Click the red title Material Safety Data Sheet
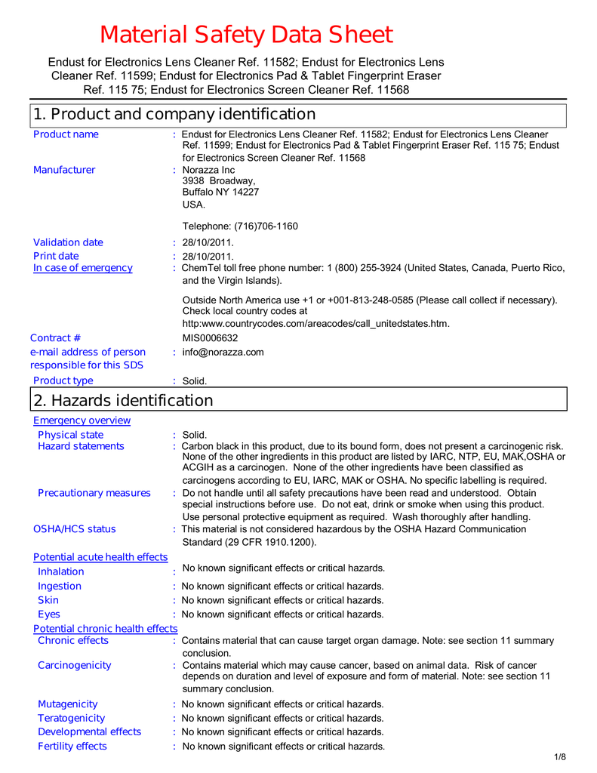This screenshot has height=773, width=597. click(247, 35)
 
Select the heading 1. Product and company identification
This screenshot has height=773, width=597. click(174, 115)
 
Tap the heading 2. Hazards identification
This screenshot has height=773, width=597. click(123, 401)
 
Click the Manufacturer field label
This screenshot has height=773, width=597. click(64, 170)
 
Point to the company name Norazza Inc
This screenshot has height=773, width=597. click(209, 170)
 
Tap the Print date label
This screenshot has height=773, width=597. click(56, 256)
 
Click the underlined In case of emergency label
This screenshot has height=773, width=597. click(82, 268)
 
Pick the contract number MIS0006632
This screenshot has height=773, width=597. click(210, 338)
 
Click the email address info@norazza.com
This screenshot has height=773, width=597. click(223, 353)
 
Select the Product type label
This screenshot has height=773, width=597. click(63, 380)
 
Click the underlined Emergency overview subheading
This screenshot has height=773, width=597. click(82, 420)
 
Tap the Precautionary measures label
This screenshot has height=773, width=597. click(94, 493)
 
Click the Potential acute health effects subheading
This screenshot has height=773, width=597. click(100, 557)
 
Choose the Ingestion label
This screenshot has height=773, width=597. click(60, 586)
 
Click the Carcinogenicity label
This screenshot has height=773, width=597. click(75, 665)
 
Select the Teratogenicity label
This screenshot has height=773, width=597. click(72, 718)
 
